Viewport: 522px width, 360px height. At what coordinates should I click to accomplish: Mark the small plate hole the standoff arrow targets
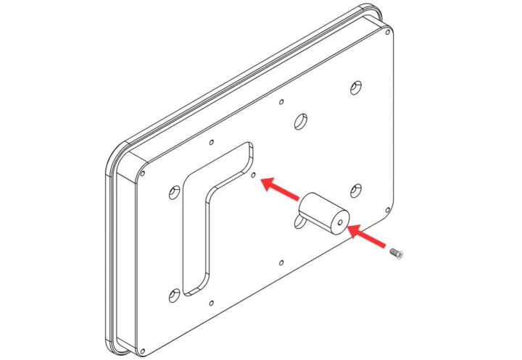(x=252, y=175)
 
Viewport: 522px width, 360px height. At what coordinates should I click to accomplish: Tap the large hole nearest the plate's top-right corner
(x=355, y=88)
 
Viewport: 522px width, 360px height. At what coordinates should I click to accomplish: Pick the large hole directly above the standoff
(x=299, y=120)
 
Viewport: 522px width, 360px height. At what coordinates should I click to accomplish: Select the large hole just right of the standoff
(x=355, y=191)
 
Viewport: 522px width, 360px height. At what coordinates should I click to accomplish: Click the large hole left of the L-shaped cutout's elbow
(x=173, y=193)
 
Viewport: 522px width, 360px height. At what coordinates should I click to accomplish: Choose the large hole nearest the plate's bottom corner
(x=173, y=295)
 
